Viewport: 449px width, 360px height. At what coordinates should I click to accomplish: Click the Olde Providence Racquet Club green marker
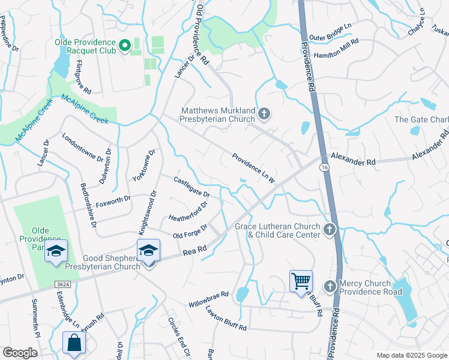(125, 45)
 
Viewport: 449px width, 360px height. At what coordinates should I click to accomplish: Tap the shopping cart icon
(301, 280)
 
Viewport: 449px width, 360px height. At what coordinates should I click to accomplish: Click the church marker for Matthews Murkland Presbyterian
(264, 113)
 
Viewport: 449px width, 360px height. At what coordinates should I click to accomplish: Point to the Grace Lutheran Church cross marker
(329, 229)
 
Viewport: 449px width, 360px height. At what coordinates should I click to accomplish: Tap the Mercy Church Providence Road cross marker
(330, 286)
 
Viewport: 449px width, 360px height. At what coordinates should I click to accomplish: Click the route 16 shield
(324, 167)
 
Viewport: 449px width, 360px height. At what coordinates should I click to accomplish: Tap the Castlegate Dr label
(191, 187)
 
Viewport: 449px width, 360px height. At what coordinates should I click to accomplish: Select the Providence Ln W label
(254, 168)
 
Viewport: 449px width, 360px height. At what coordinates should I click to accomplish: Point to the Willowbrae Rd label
(208, 298)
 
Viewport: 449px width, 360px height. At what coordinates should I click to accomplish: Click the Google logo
(20, 352)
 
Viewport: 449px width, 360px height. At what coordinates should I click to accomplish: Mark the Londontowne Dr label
(82, 147)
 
